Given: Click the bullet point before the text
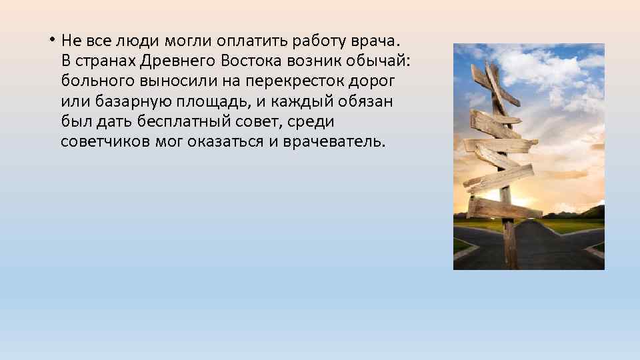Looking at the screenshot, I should pos(51,38).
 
